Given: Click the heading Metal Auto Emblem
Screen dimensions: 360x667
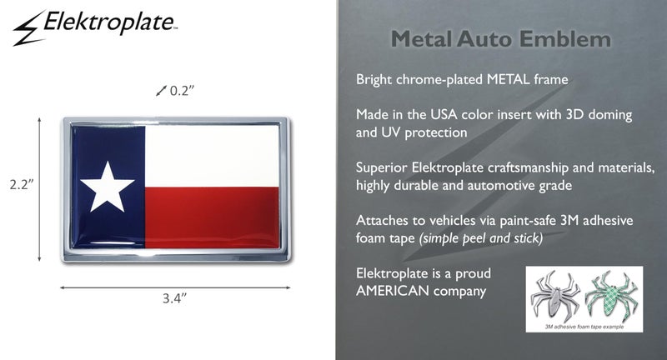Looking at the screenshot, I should [500, 39].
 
